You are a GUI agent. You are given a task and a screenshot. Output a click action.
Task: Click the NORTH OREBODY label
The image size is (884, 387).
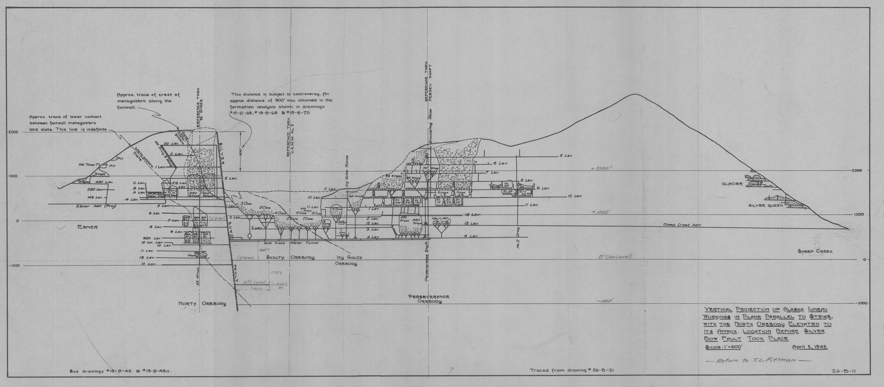pos(202,304)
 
